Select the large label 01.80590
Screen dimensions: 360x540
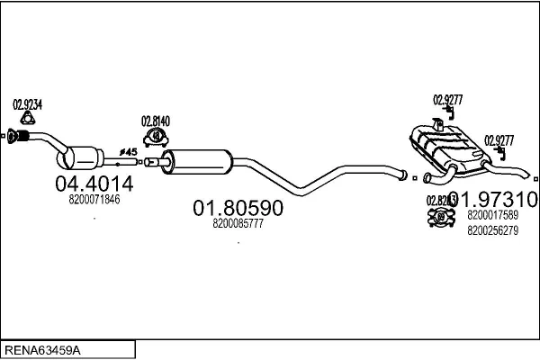(x=238, y=208)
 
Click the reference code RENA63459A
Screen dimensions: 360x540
(x=45, y=348)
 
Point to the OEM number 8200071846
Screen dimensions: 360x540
(x=94, y=199)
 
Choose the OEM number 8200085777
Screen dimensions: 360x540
(x=238, y=224)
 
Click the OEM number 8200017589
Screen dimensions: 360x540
(x=492, y=215)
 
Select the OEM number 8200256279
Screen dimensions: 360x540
(x=492, y=230)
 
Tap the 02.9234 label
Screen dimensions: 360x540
(x=26, y=103)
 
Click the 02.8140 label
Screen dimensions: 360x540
(x=155, y=121)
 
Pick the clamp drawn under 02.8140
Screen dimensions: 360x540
(x=156, y=136)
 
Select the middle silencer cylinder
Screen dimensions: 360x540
(x=201, y=163)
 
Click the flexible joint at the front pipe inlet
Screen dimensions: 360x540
(x=22, y=137)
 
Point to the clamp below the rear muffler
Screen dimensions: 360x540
(x=442, y=217)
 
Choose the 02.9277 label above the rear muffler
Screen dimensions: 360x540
(x=447, y=100)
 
